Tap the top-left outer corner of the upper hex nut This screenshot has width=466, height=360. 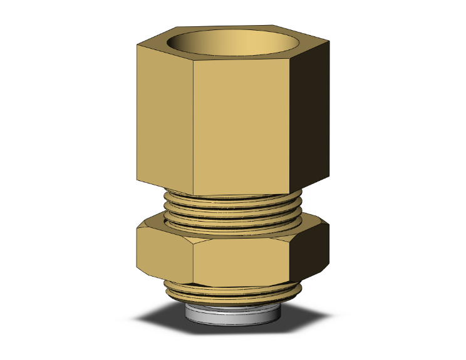point(136,45)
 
